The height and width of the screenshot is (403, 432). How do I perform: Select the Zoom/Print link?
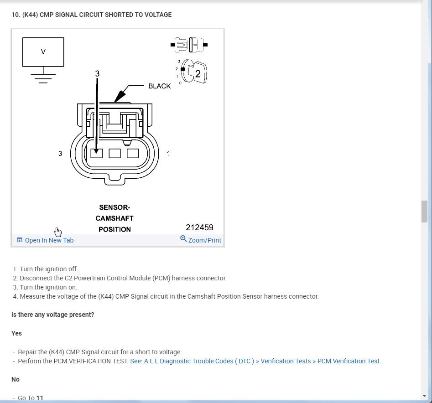tap(201, 240)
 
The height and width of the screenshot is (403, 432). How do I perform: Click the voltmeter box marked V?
tap(43, 52)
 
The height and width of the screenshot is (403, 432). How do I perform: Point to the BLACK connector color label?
tap(160, 86)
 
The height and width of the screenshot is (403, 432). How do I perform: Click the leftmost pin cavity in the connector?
tap(97, 153)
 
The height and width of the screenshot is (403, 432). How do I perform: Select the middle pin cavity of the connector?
tap(115, 153)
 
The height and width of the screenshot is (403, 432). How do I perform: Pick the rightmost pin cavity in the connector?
tap(133, 153)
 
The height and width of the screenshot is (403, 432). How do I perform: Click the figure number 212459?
tap(199, 227)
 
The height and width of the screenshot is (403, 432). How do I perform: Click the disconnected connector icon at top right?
tap(189, 45)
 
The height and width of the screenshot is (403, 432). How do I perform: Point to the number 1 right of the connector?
tap(168, 154)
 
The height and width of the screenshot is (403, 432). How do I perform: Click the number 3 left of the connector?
tap(60, 154)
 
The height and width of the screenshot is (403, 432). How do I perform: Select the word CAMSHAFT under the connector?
tap(115, 218)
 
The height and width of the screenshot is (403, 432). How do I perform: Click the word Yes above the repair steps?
tap(16, 333)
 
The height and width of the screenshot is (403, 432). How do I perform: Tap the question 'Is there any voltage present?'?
tap(53, 315)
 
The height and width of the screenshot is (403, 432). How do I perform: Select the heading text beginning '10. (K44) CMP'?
tap(91, 15)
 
